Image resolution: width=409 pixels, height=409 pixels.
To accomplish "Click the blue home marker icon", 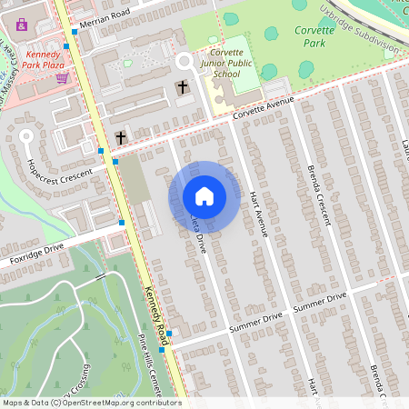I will (x=204, y=195).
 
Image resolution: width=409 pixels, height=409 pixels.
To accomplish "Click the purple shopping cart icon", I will (x=62, y=78).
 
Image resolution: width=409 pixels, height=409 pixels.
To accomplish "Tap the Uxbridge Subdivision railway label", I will (x=364, y=27).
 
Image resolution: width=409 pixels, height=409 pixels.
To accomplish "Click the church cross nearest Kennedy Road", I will (x=120, y=137).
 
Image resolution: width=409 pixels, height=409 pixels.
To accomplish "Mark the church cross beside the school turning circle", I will (x=183, y=87).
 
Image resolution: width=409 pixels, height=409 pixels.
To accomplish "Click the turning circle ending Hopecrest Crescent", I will (x=26, y=136).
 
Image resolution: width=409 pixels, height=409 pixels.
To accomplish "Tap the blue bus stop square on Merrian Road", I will (x=75, y=32).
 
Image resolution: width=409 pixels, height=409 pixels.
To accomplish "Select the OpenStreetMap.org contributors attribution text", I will (x=117, y=403).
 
